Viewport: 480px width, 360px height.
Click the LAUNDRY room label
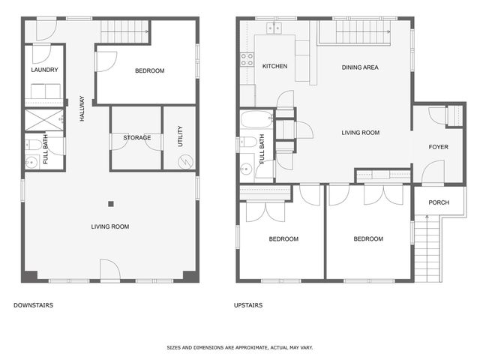[44, 70]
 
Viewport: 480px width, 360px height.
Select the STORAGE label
[136, 137]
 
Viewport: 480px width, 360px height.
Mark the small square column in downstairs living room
[110, 202]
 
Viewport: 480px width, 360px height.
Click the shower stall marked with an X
[44, 120]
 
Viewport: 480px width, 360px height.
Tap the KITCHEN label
[274, 67]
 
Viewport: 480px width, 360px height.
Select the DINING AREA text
[360, 67]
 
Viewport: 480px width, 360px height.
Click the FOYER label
[438, 147]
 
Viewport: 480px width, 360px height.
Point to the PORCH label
[438, 202]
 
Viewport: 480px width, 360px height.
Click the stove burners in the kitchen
[246, 59]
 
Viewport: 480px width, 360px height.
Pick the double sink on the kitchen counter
[274, 28]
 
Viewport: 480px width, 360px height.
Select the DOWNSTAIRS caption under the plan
[33, 305]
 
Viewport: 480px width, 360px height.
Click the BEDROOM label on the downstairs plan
[149, 71]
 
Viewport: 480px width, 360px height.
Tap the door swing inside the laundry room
[41, 53]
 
